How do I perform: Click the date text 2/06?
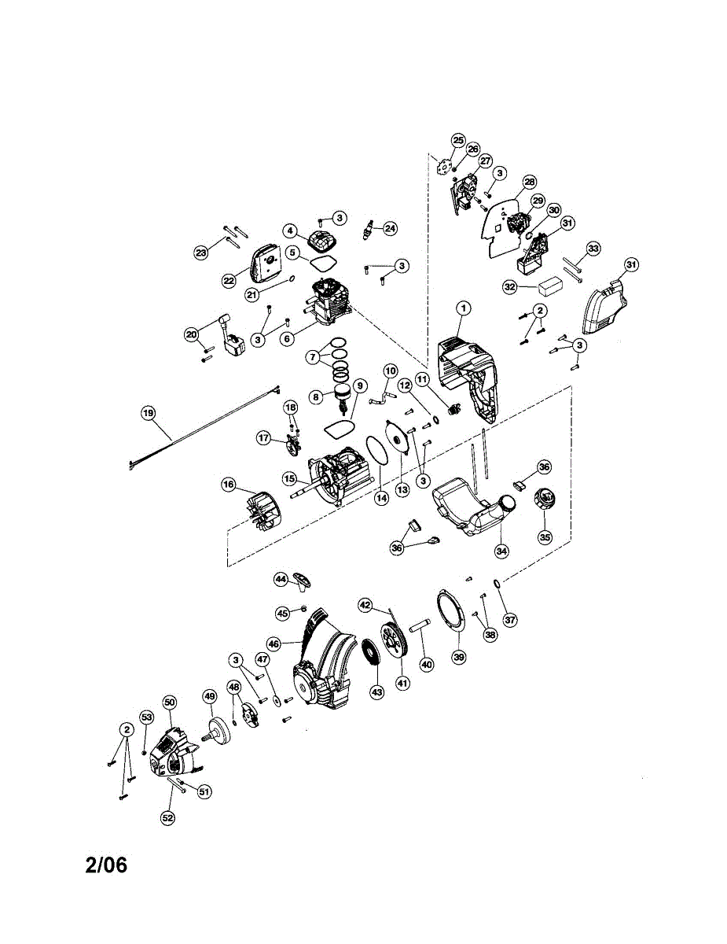tap(106, 865)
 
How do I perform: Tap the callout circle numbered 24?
tap(389, 229)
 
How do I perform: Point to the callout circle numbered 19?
tap(148, 413)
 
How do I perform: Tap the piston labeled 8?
tap(342, 393)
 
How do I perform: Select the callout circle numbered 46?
tap(274, 643)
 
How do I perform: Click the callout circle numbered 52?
tap(167, 818)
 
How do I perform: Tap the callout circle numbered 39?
tap(459, 656)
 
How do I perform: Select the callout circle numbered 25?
tap(458, 140)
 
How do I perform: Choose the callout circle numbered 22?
tap(229, 280)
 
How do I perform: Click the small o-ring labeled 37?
tap(498, 583)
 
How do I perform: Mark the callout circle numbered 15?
tap(289, 478)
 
